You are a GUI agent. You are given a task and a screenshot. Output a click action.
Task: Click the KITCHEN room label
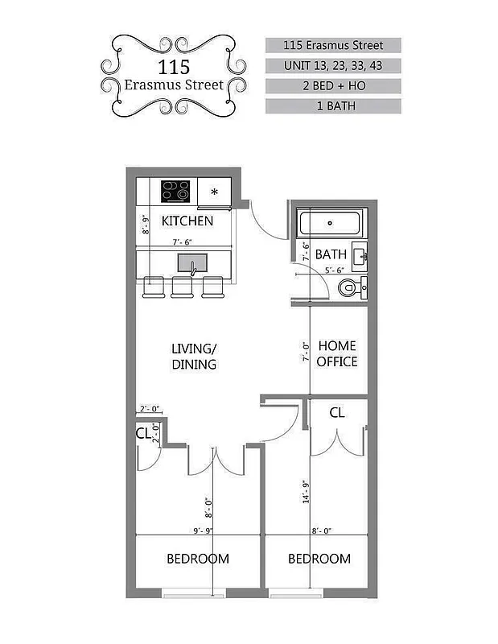tap(187, 221)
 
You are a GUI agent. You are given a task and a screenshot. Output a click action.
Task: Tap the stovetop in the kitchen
tap(175, 191)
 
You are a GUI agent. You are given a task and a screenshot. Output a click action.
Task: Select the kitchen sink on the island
tap(191, 262)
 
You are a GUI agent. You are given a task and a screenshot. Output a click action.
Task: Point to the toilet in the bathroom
tap(350, 287)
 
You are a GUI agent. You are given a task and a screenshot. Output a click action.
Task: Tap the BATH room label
tap(331, 254)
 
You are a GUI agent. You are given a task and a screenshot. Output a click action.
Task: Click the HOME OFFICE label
tap(336, 353)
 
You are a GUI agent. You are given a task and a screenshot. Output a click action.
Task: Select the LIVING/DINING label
tap(194, 356)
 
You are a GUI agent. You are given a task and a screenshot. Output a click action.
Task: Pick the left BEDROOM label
tap(197, 559)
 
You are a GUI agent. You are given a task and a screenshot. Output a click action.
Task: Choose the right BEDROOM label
tap(319, 559)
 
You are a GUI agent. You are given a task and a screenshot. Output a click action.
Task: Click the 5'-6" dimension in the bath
tap(335, 271)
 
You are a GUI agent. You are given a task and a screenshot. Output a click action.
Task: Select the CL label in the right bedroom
tap(338, 413)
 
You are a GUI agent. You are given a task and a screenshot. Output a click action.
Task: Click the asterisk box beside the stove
tap(214, 192)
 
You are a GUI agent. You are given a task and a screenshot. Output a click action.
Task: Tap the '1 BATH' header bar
tap(333, 105)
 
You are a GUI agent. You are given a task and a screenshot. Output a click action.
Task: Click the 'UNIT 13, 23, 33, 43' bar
tap(333, 65)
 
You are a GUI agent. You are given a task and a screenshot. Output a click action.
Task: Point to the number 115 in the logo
tap(173, 67)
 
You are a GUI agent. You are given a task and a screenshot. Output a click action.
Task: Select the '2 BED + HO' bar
tap(333, 85)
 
